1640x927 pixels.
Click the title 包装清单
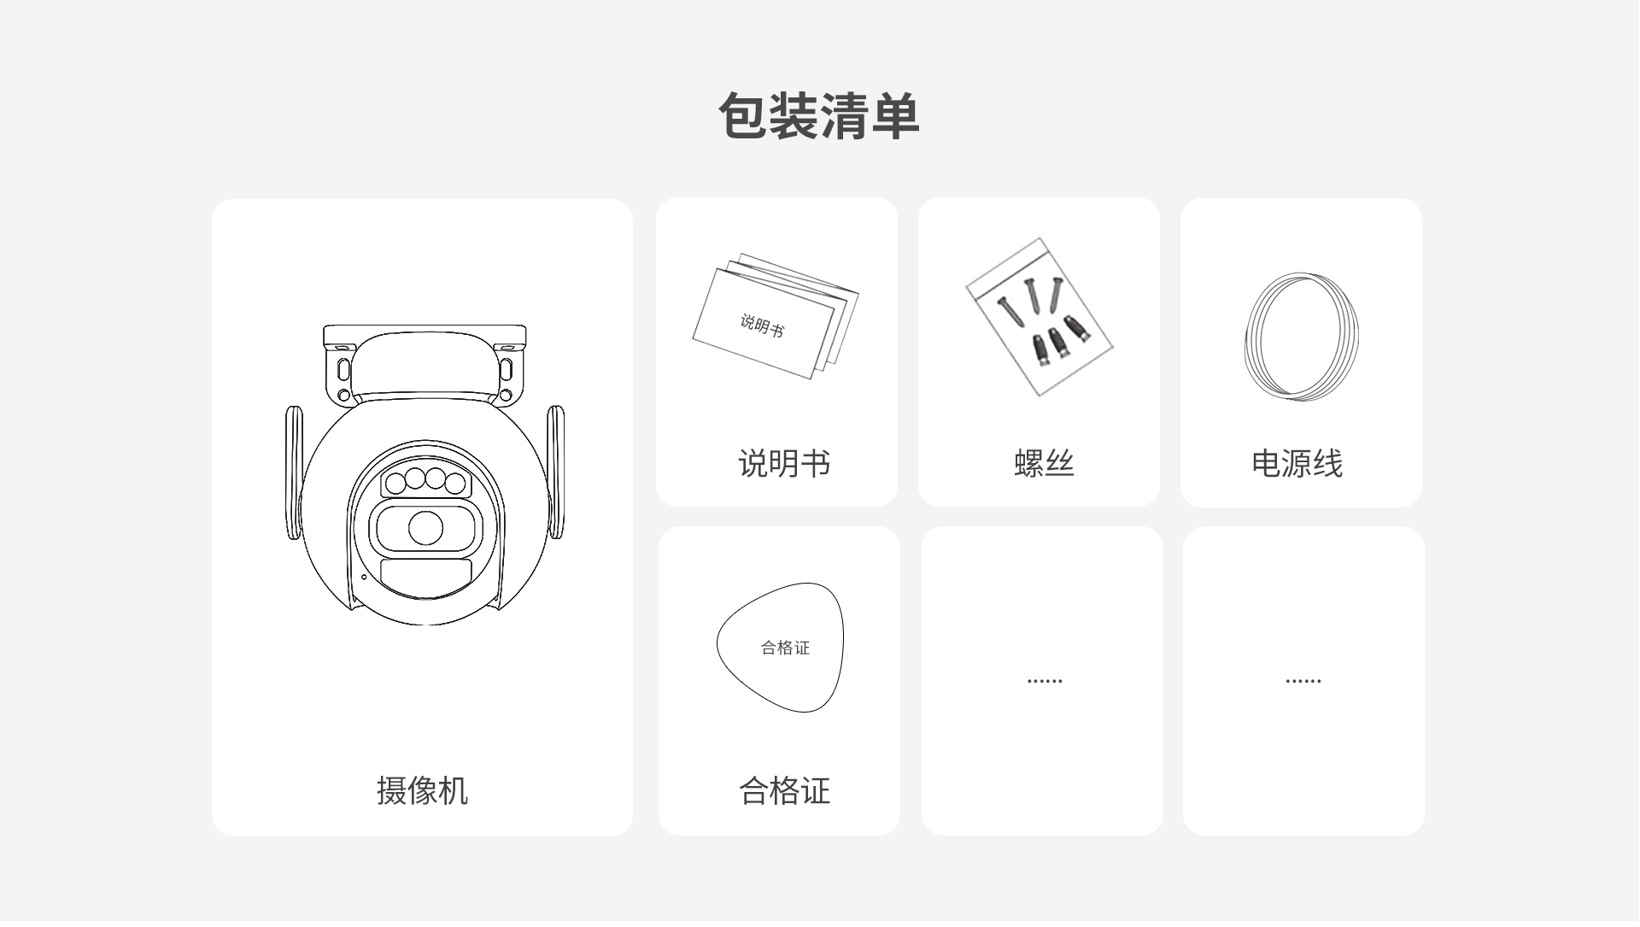click(819, 116)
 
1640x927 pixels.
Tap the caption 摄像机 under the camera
click(422, 791)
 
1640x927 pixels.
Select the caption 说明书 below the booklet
click(784, 464)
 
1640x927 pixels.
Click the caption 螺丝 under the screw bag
click(1044, 464)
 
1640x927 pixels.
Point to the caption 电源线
click(1297, 464)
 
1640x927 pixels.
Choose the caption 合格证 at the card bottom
click(784, 791)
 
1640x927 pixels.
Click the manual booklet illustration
click(776, 316)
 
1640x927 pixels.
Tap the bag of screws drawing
click(1040, 317)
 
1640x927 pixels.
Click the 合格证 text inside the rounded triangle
click(785, 648)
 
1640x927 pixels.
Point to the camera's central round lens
click(425, 528)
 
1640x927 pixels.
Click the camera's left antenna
click(294, 472)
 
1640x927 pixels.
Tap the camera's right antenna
click(555, 472)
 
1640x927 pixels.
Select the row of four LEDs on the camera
click(425, 481)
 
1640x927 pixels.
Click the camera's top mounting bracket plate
click(425, 336)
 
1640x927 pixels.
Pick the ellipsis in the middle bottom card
click(1045, 681)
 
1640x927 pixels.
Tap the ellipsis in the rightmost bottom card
click(1303, 681)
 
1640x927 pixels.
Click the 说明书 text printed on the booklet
click(762, 326)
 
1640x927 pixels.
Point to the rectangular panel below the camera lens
click(425, 577)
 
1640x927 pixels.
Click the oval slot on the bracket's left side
click(344, 369)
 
